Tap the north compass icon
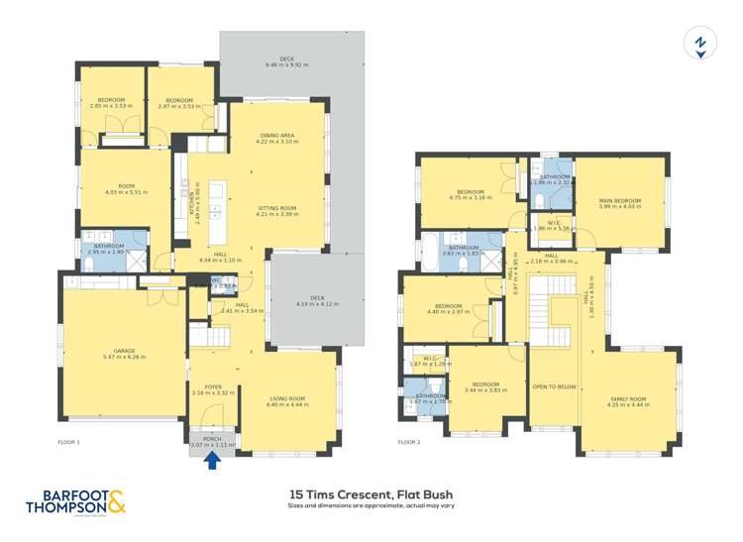[699, 45]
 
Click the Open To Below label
[554, 386]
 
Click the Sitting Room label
[276, 207]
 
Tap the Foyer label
[212, 386]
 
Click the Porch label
[212, 438]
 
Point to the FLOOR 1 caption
[68, 441]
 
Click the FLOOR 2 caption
[409, 441]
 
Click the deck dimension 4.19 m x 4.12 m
[317, 303]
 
